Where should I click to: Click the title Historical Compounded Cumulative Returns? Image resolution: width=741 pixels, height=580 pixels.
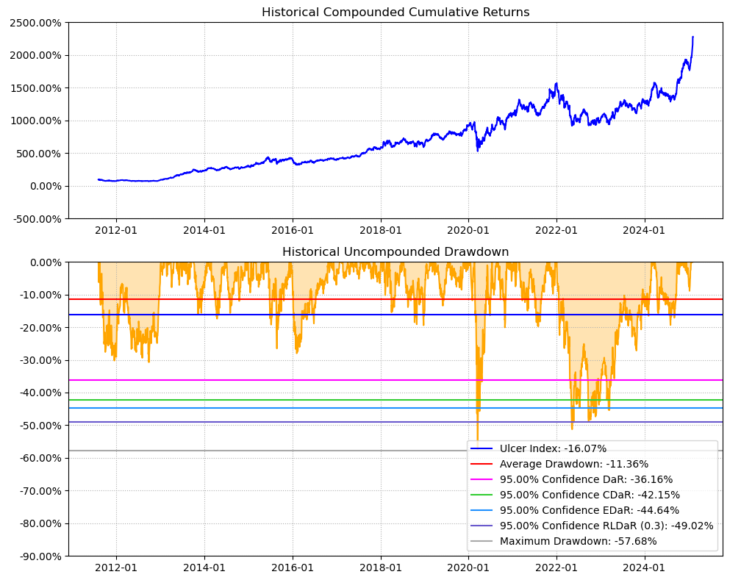pos(395,12)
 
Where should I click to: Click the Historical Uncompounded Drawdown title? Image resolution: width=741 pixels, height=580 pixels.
pos(395,252)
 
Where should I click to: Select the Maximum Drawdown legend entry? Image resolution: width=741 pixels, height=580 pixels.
pos(578,541)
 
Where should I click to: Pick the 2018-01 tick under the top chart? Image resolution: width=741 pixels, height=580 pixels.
pos(381,230)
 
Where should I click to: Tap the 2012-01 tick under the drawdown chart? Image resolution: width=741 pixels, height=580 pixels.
pos(116,568)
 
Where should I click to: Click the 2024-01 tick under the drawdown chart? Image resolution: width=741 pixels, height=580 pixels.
pos(645,568)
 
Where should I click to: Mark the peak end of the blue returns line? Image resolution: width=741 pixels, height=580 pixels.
pos(692,37)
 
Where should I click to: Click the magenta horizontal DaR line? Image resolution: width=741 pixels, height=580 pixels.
pos(294,380)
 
